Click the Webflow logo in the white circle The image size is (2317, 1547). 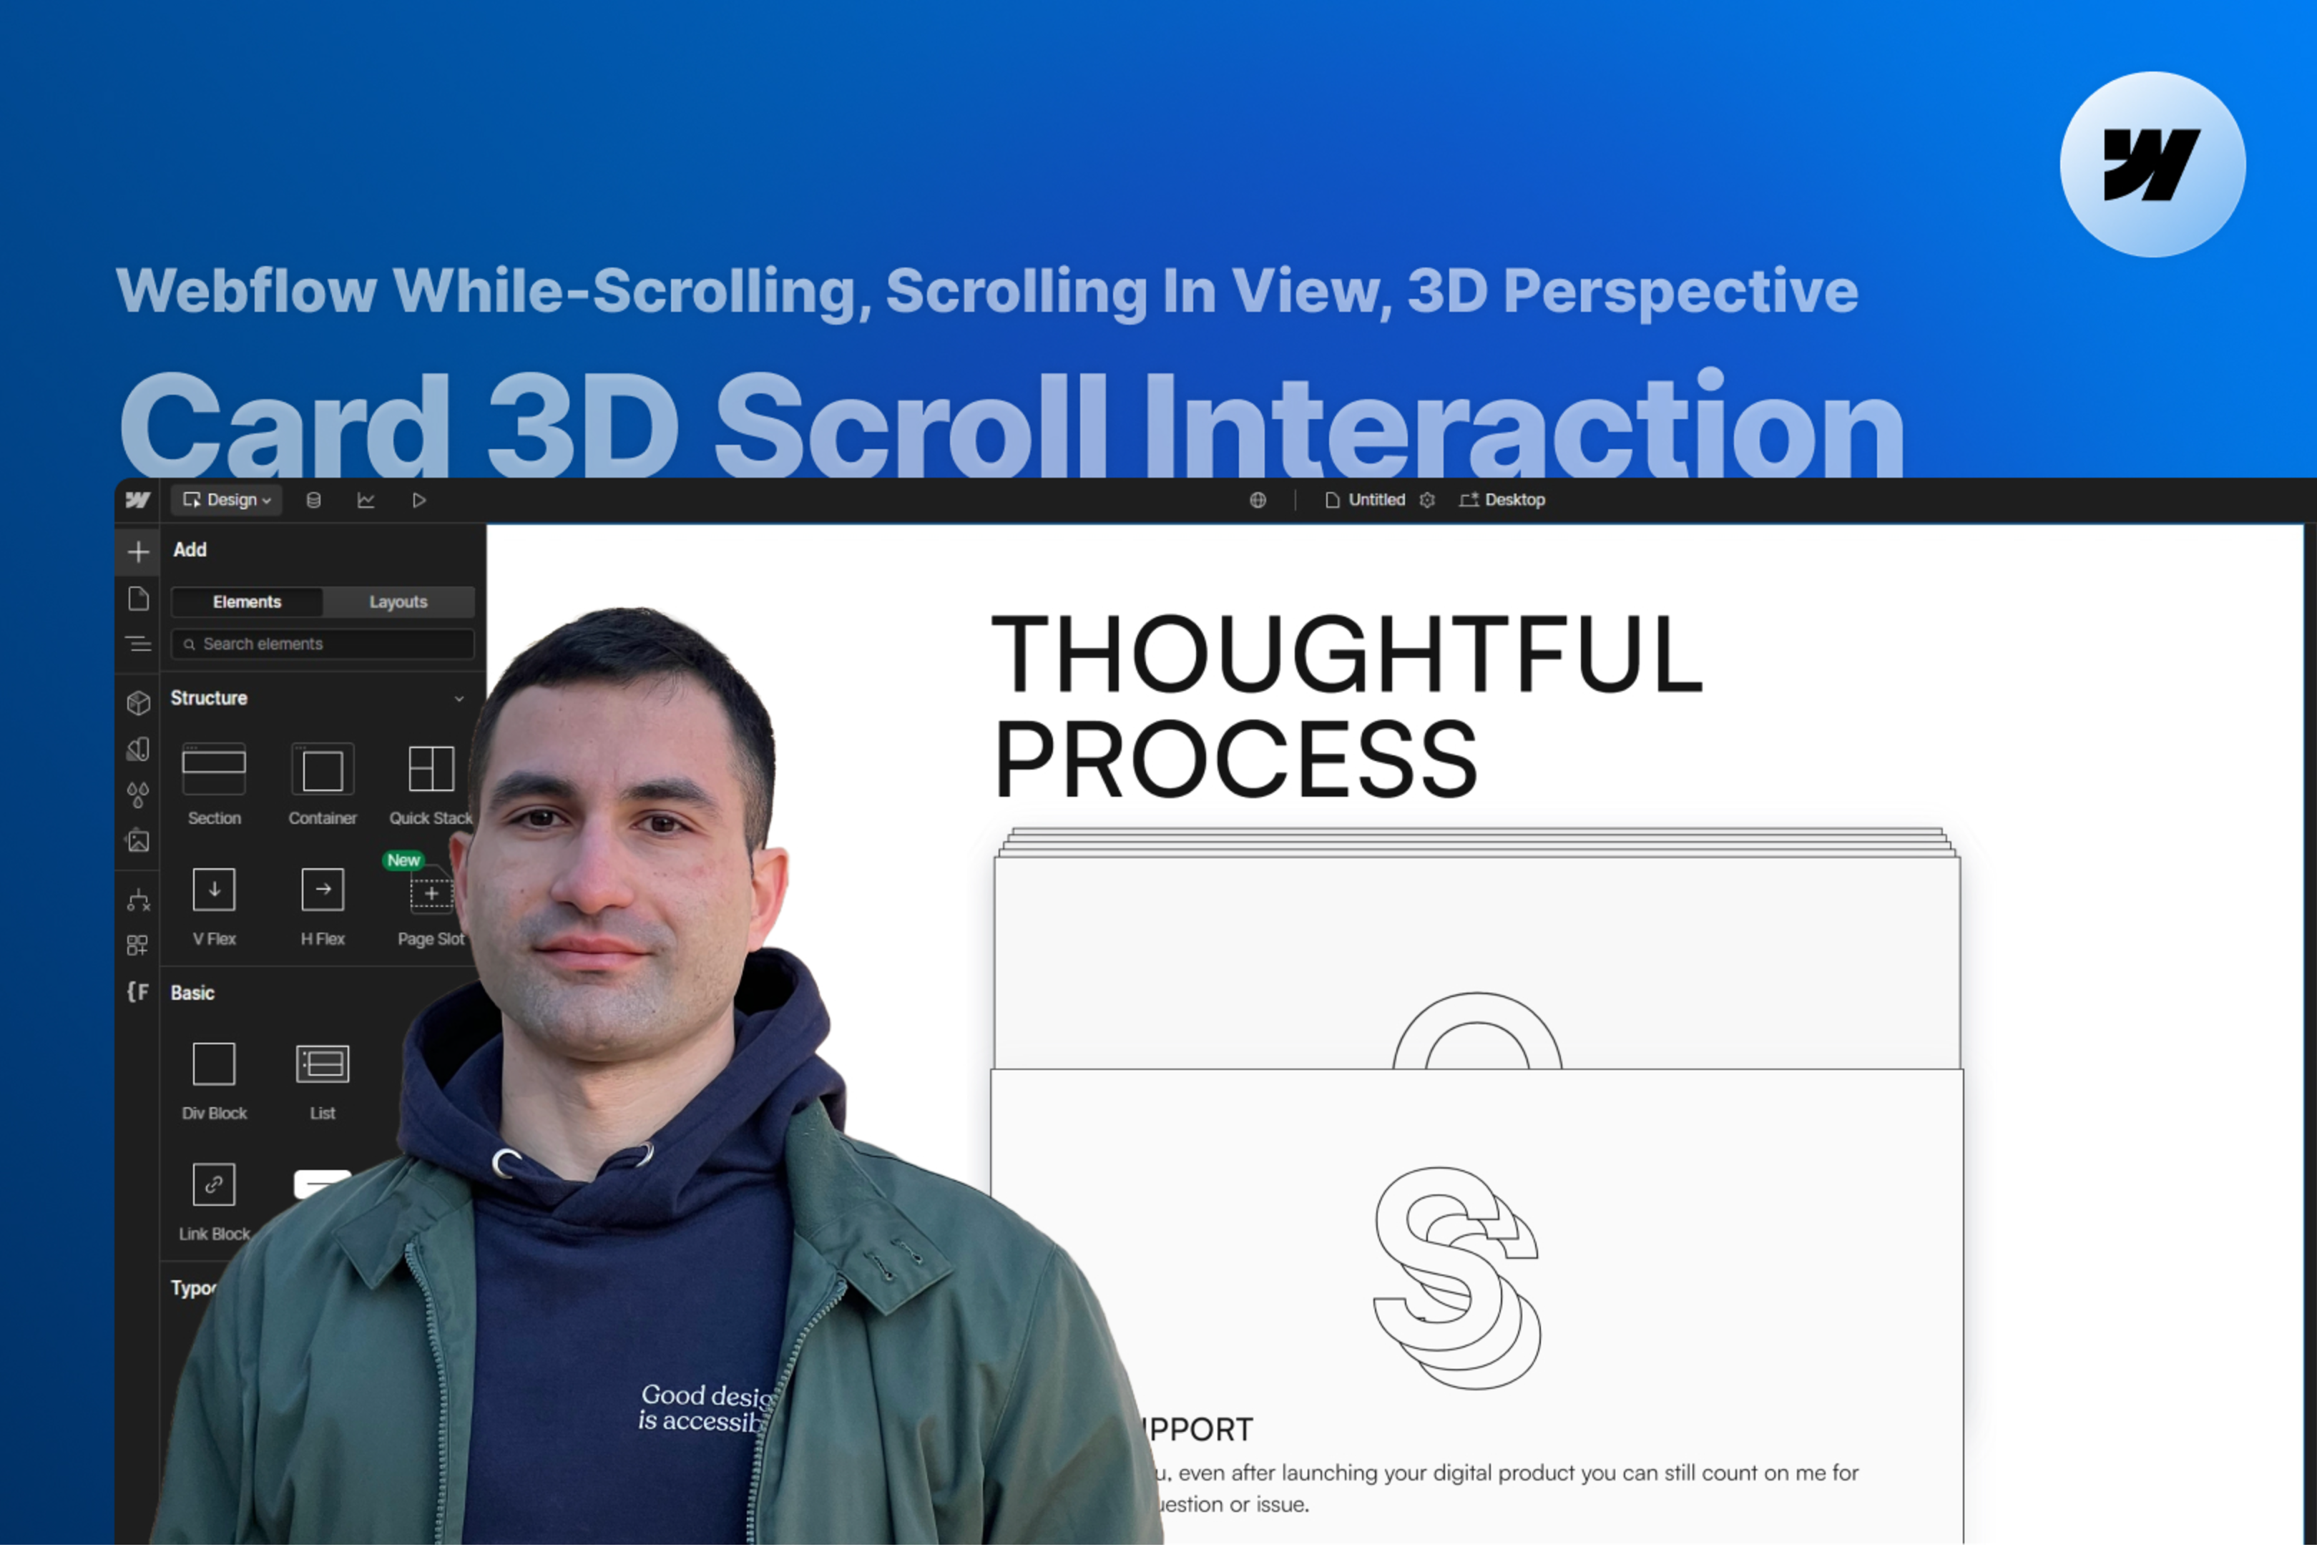(2151, 164)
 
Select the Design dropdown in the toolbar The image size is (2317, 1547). (227, 500)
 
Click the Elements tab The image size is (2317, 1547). (247, 601)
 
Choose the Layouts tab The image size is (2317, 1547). (398, 601)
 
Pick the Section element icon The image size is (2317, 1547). (214, 770)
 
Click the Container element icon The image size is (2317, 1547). (323, 770)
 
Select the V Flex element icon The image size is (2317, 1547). (214, 890)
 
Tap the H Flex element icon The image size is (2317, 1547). (323, 890)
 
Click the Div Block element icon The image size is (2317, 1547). (214, 1064)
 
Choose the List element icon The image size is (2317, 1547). (323, 1064)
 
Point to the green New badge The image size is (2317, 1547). (403, 860)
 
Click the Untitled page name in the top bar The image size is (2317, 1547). (1376, 500)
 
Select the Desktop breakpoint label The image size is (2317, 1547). (1514, 500)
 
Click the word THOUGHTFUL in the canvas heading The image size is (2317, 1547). (1347, 654)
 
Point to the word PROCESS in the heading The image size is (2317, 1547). (1235, 760)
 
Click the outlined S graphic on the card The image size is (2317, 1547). (1456, 1277)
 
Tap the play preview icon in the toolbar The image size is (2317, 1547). (419, 500)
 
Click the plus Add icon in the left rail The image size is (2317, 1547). (138, 551)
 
